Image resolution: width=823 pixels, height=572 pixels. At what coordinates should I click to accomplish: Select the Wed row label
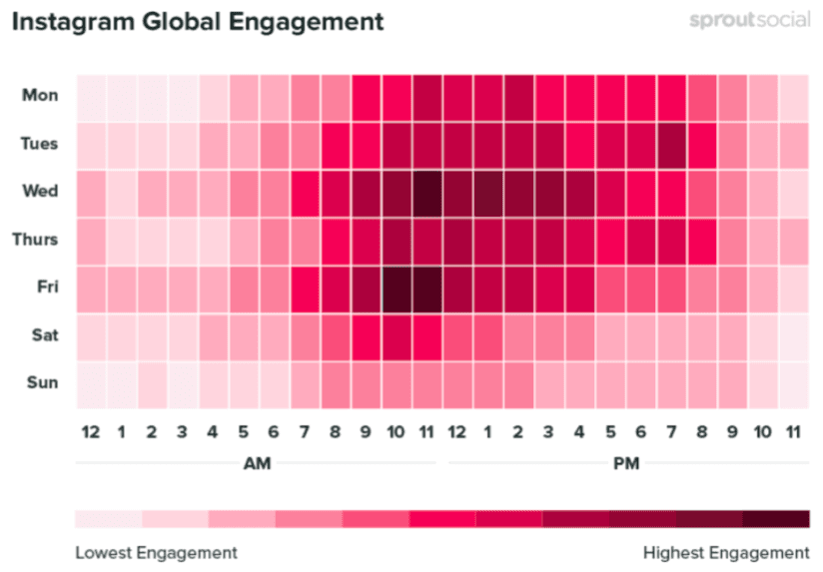coord(41,192)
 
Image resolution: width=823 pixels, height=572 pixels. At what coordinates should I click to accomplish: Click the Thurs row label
coord(39,240)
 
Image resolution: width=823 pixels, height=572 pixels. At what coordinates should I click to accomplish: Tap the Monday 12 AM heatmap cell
coord(90,96)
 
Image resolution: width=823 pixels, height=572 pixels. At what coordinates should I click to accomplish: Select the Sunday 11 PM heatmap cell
coord(793,382)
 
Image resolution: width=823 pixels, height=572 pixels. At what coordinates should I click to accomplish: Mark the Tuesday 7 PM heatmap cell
coord(671,144)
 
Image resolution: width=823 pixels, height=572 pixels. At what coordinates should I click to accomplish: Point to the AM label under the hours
coord(257,464)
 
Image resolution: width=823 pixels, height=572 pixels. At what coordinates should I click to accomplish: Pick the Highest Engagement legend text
coord(726,552)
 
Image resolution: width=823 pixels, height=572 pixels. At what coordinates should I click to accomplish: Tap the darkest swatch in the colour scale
coord(776,519)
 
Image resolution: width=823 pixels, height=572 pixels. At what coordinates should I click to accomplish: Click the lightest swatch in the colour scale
coord(108,519)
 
